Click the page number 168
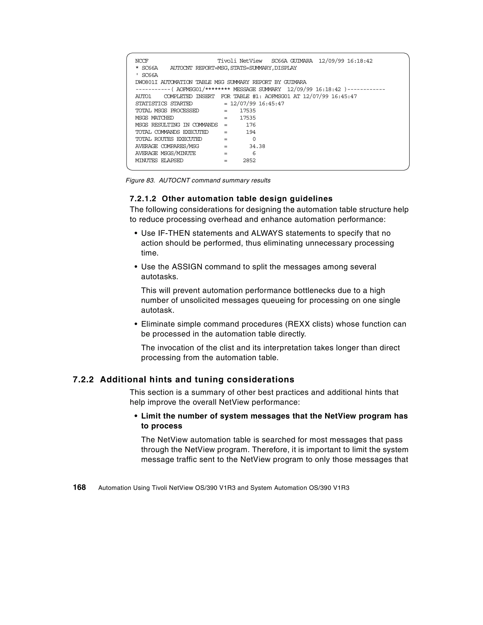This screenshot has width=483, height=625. click(79, 487)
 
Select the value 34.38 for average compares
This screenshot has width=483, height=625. click(257, 146)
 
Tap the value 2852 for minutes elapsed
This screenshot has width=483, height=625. click(249, 161)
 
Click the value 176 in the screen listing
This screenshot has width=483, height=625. click(250, 125)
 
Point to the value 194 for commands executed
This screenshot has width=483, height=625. click(250, 132)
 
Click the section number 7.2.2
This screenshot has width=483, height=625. click(83, 380)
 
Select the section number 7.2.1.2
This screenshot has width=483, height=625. click(143, 199)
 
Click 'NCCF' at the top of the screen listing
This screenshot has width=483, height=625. click(142, 61)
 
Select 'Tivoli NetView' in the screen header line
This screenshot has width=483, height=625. click(240, 61)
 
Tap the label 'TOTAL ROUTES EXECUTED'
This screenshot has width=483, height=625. click(168, 139)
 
